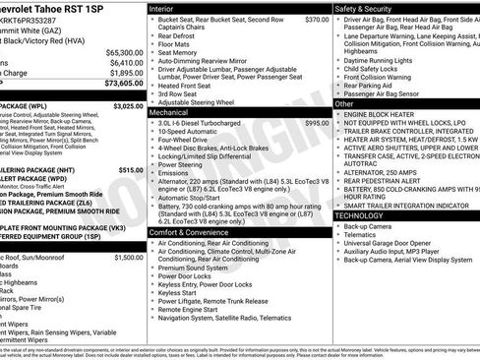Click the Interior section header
click(x=163, y=8)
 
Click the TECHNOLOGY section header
click(x=359, y=214)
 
